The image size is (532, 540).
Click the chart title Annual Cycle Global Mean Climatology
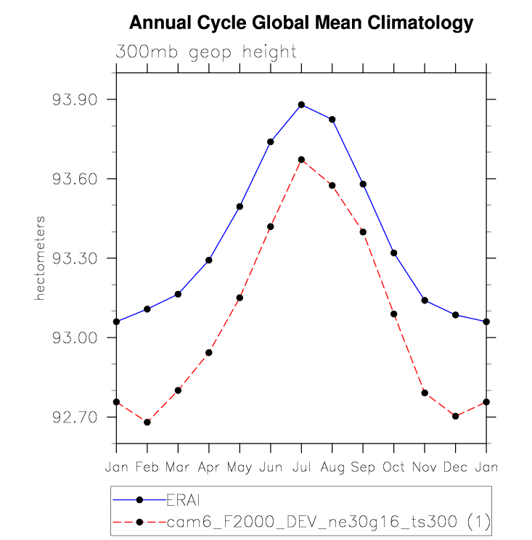[300, 24]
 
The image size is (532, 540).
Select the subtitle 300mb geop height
[205, 52]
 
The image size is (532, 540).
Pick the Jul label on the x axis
[301, 467]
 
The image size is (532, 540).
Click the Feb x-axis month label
[147, 467]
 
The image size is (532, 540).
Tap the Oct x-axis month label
[393, 467]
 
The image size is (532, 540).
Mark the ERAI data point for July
[301, 105]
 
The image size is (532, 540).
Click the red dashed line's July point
[301, 160]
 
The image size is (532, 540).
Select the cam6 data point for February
[147, 422]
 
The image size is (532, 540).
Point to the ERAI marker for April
[209, 260]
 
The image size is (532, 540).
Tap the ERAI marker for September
[363, 184]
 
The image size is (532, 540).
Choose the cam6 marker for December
[455, 416]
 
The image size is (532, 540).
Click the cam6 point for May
[240, 298]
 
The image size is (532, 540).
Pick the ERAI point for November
[425, 300]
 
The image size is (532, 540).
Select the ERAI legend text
[183, 499]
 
